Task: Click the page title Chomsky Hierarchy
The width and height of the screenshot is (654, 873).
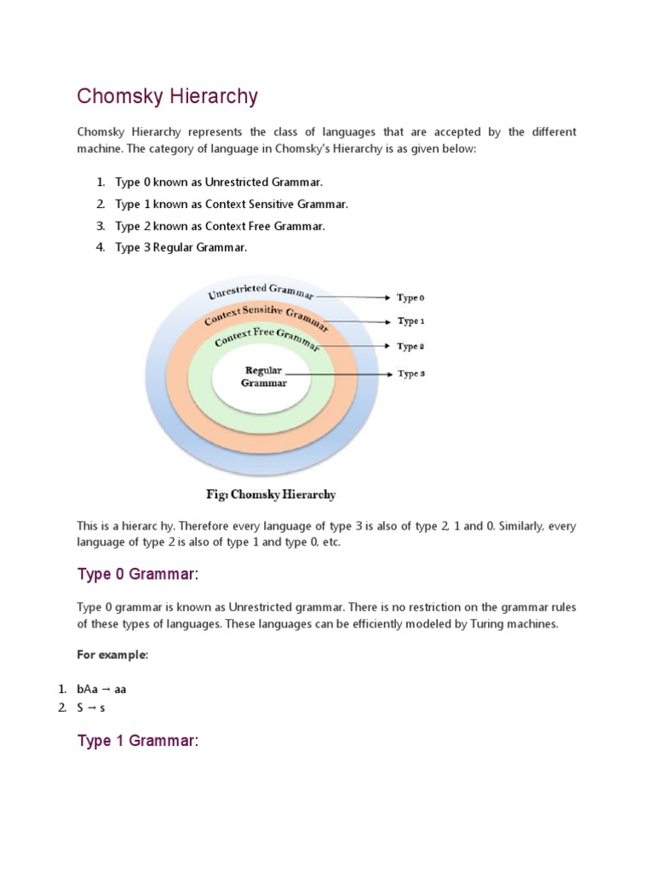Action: tap(167, 96)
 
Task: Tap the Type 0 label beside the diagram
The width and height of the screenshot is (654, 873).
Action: tap(410, 298)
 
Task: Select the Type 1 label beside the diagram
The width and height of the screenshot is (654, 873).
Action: tap(410, 321)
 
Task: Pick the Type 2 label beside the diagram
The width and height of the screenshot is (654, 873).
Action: tap(410, 347)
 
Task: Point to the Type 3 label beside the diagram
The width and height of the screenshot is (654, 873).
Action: tap(410, 374)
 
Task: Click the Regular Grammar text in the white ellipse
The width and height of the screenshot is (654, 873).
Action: tap(263, 377)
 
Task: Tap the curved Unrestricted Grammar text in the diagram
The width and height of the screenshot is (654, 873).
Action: tap(261, 292)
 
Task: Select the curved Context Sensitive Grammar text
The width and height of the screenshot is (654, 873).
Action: tap(267, 316)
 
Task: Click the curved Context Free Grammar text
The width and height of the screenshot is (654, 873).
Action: tap(267, 338)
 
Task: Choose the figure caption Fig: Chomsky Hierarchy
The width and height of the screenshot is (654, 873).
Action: tap(270, 494)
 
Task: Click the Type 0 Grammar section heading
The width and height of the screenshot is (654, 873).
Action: tap(137, 575)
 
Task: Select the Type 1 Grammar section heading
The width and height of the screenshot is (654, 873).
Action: tap(137, 741)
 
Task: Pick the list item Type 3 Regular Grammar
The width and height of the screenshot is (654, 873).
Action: tap(181, 247)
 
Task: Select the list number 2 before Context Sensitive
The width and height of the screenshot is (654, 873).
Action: tap(100, 205)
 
